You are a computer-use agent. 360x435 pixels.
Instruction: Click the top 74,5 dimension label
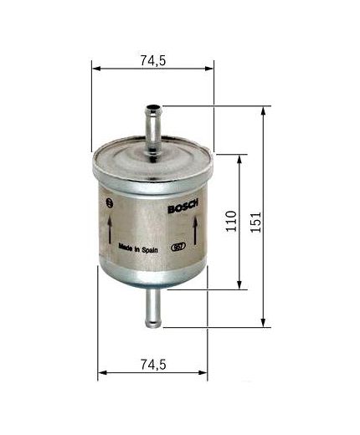coord(152,59)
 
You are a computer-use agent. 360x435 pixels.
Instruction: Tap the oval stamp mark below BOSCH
coord(177,247)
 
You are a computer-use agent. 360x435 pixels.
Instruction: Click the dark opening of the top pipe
coord(153,107)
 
